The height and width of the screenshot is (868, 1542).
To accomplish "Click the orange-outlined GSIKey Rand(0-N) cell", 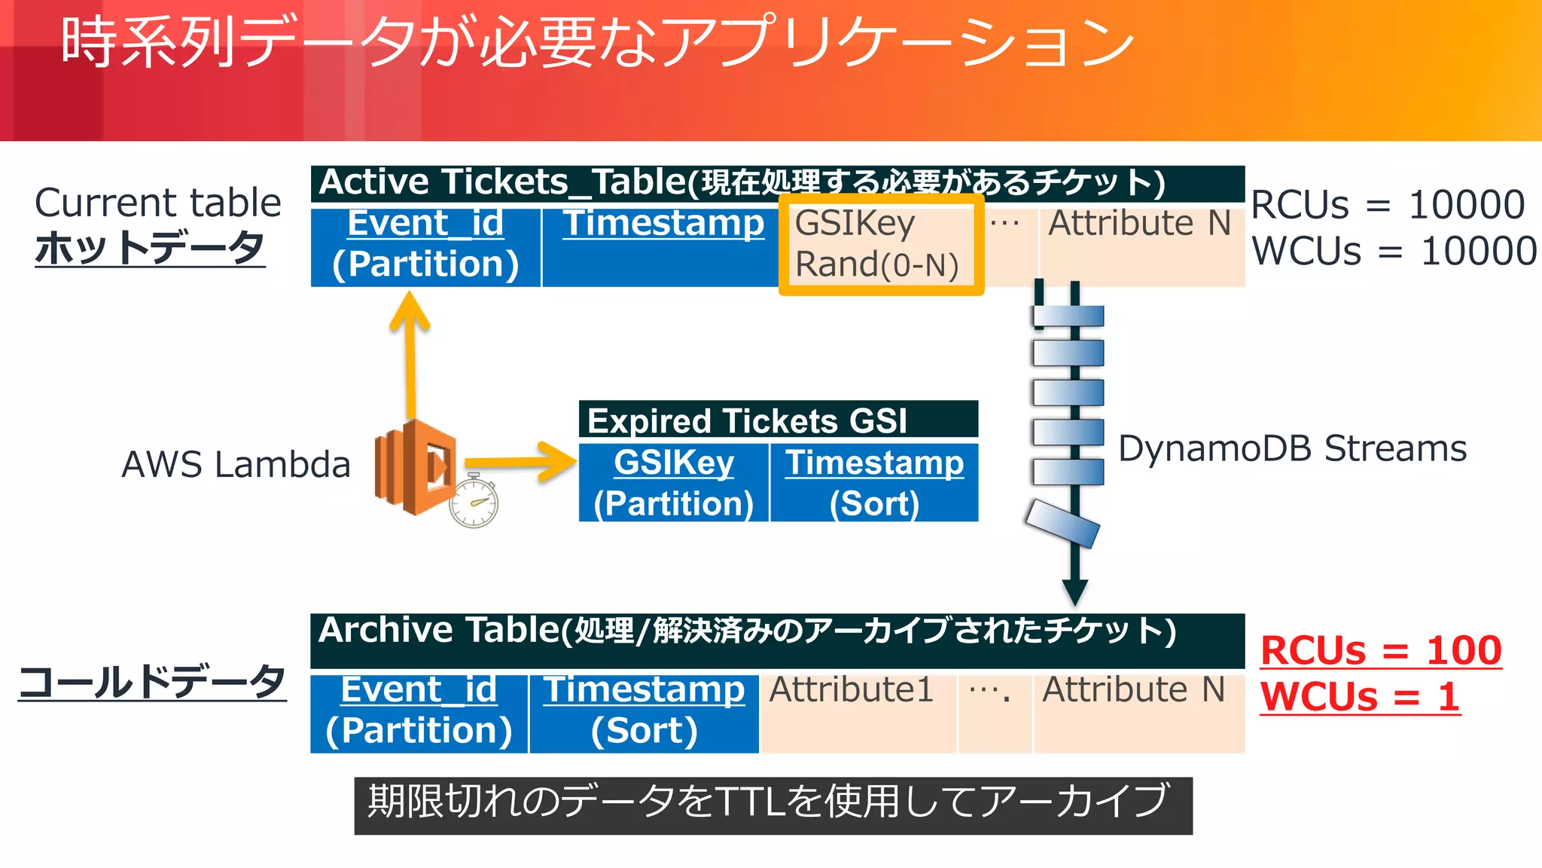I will pyautogui.click(x=880, y=244).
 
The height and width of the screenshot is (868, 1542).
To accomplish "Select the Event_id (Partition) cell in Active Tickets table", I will pyautogui.click(x=425, y=246).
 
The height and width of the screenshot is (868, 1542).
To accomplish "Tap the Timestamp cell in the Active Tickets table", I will pyautogui.click(x=662, y=246).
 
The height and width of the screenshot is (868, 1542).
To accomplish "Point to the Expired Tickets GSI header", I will pyautogui.click(x=778, y=420).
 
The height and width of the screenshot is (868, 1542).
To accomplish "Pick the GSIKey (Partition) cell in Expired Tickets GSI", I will pyautogui.click(x=673, y=482).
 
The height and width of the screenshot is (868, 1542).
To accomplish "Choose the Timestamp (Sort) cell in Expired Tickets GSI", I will pyautogui.click(x=874, y=482).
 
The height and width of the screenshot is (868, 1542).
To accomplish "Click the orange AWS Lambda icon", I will pyautogui.click(x=415, y=468).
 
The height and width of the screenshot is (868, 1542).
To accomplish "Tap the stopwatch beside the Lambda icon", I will pyautogui.click(x=474, y=501).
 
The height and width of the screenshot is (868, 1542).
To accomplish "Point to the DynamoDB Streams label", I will pyautogui.click(x=1292, y=449).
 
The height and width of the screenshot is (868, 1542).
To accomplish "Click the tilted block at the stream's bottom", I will pyautogui.click(x=1062, y=523).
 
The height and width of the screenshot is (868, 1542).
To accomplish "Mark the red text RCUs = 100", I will pyautogui.click(x=1381, y=649).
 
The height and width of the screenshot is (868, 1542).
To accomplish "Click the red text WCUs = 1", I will pyautogui.click(x=1360, y=696).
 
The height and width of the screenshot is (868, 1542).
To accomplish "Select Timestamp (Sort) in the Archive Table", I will pyautogui.click(x=645, y=710).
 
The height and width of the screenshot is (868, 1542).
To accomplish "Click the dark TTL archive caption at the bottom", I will pyautogui.click(x=773, y=805).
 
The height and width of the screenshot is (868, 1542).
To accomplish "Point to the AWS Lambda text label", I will pyautogui.click(x=236, y=464).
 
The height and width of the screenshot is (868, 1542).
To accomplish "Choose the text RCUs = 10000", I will pyautogui.click(x=1388, y=204).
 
